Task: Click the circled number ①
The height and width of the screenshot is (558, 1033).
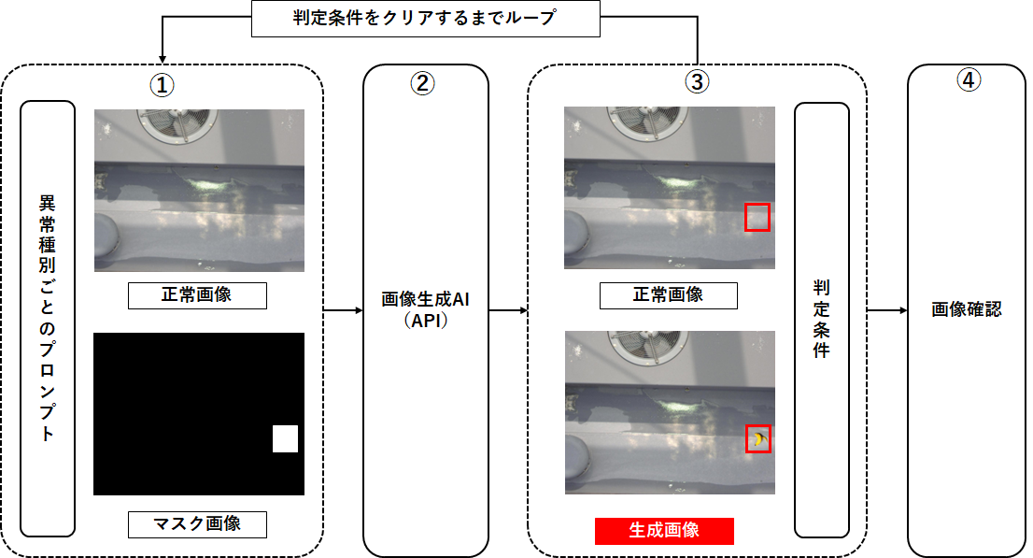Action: [x=163, y=83]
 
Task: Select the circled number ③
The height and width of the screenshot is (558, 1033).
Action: [x=697, y=82]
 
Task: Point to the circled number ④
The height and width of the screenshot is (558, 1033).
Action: [x=969, y=81]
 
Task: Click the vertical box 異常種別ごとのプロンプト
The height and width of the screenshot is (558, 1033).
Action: [x=48, y=318]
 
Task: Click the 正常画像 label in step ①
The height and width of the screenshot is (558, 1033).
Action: [x=197, y=295]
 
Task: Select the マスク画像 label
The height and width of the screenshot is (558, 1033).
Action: [x=197, y=524]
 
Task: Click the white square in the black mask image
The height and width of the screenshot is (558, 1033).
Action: [x=285, y=438]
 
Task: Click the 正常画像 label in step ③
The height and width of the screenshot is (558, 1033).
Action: [x=668, y=295]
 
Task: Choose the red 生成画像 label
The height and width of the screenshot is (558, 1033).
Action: [x=664, y=531]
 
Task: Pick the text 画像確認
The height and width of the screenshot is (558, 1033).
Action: [x=966, y=309]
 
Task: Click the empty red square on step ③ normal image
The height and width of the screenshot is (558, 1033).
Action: [x=757, y=217]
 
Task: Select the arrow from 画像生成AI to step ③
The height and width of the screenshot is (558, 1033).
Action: [x=508, y=309]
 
